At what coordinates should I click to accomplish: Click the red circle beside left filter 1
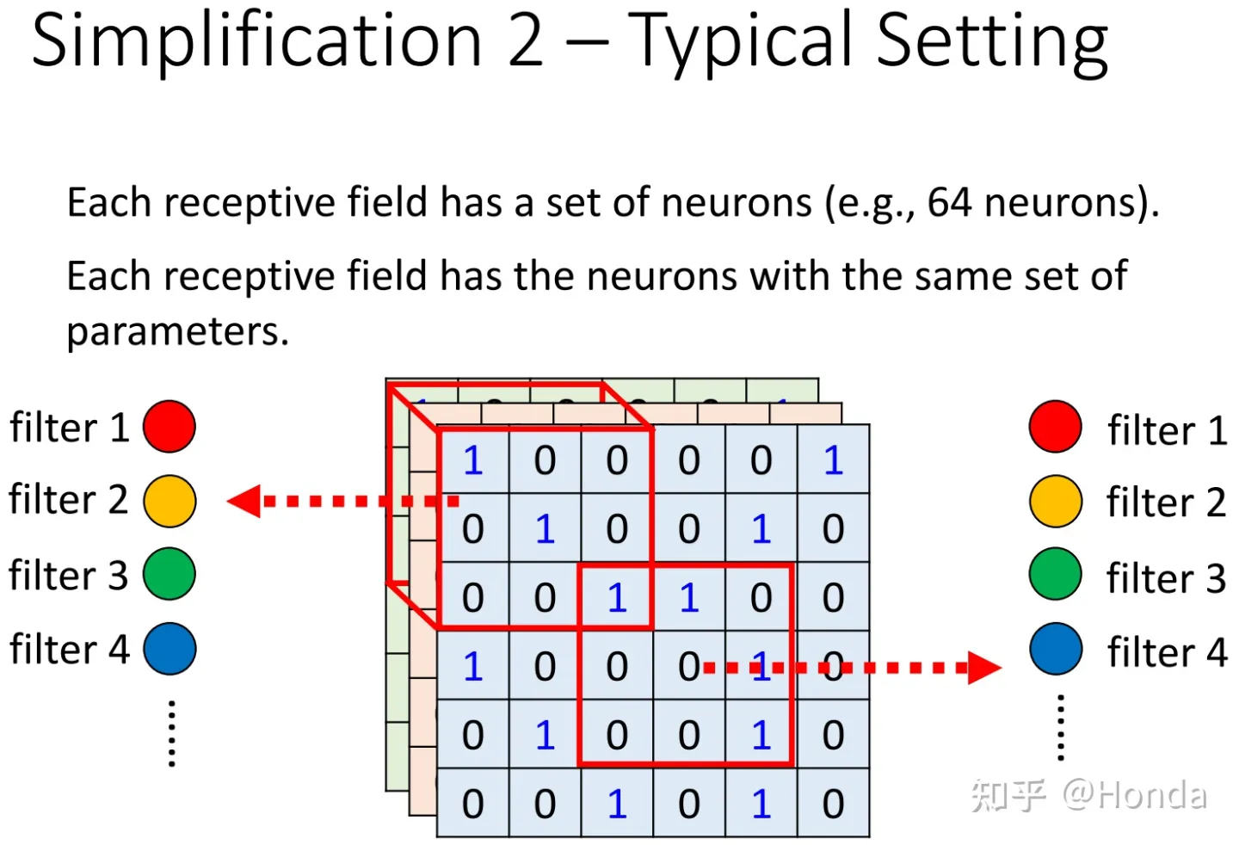(x=170, y=426)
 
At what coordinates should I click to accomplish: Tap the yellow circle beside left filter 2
(x=170, y=501)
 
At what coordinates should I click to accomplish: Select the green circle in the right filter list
(x=1055, y=574)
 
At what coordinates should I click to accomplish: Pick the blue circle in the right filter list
(x=1055, y=649)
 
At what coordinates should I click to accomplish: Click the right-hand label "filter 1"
(x=1167, y=430)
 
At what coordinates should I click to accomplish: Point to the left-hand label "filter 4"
(x=69, y=650)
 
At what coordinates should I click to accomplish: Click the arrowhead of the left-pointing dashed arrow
(x=244, y=501)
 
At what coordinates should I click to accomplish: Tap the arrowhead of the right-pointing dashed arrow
(x=984, y=667)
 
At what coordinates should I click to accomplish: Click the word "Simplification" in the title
(x=256, y=41)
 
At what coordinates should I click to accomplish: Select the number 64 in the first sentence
(x=949, y=203)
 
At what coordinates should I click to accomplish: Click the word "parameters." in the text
(x=177, y=331)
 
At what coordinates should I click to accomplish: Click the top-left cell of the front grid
(x=473, y=460)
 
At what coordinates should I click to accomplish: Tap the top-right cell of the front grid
(x=833, y=460)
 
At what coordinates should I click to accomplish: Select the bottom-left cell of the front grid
(x=473, y=803)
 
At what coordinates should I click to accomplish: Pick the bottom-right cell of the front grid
(x=833, y=803)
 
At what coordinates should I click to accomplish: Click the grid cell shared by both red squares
(x=617, y=596)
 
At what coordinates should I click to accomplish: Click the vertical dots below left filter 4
(x=172, y=733)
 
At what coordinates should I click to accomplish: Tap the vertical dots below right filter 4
(x=1061, y=728)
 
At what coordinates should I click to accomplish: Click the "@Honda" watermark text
(x=1134, y=795)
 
